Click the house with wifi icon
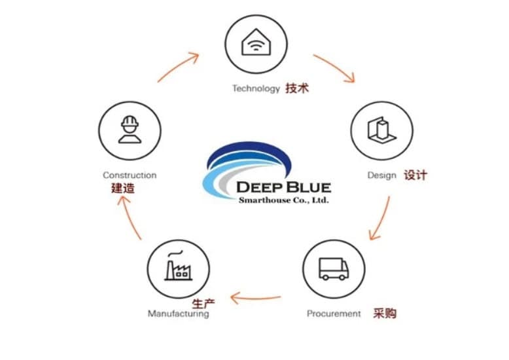[256, 44]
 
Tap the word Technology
[256, 88]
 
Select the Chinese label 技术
[296, 88]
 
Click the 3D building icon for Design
[381, 130]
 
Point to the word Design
[382, 175]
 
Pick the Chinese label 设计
[415, 175]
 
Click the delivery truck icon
[334, 268]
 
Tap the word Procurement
[334, 314]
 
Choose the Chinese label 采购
[385, 313]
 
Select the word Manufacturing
[179, 314]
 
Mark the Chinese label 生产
[203, 304]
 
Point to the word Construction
[130, 175]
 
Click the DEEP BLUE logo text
[283, 187]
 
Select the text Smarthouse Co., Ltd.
[283, 200]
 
